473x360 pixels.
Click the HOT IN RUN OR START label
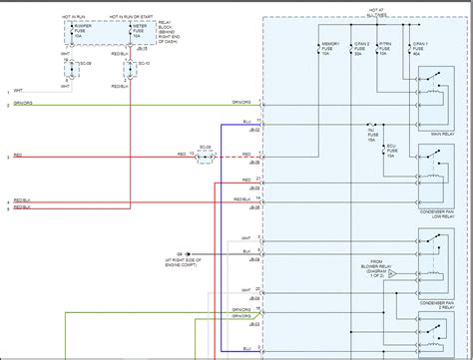coord(133,19)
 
